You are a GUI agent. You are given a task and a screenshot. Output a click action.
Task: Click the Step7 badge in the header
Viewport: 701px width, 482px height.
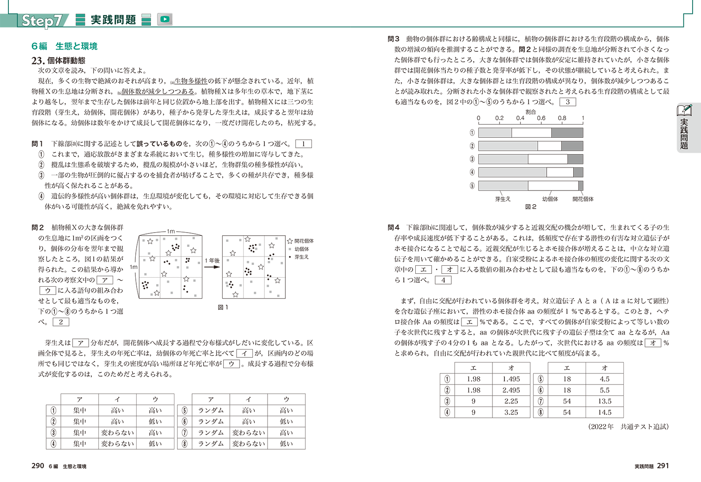[43, 20]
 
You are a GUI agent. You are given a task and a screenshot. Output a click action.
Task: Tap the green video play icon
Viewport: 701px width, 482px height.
[165, 19]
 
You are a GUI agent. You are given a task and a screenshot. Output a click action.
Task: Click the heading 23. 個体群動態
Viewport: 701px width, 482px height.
[59, 60]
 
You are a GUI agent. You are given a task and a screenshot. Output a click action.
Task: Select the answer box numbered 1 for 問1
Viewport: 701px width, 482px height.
[303, 144]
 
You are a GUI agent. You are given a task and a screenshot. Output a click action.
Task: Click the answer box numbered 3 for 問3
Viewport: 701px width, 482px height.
[567, 102]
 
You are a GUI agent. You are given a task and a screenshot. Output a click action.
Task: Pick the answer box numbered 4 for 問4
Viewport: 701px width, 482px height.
[443, 280]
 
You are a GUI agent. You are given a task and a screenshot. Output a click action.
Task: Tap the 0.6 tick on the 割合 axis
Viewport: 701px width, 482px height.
[541, 118]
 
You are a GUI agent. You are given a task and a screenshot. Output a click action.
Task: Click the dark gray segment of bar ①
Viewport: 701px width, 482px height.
[567, 133]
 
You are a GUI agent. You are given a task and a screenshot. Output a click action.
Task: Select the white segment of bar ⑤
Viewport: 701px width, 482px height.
[553, 186]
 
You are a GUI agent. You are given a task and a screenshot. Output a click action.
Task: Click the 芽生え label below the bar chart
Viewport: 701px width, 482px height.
[503, 199]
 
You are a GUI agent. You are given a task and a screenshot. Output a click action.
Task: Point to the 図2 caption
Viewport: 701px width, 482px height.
[531, 207]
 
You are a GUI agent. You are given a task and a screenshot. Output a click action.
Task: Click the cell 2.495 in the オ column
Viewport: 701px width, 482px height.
[511, 390]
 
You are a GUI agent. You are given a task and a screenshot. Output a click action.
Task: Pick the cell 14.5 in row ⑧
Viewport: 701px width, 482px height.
[605, 412]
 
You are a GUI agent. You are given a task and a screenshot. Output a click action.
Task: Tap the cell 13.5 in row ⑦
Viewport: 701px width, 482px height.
[605, 401]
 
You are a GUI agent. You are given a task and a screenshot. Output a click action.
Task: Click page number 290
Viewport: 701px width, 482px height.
[38, 466]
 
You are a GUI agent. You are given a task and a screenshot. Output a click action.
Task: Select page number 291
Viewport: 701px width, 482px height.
[662, 466]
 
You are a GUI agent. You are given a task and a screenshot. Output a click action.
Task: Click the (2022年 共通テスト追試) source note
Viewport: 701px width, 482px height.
[628, 427]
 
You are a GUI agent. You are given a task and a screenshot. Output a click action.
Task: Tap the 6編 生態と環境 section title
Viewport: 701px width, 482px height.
[64, 46]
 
